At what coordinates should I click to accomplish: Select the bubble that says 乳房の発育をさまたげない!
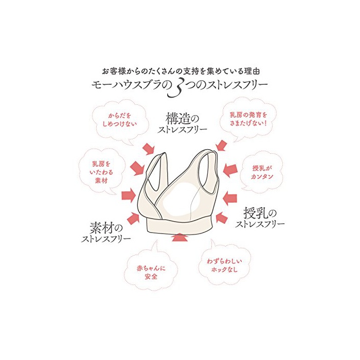248,119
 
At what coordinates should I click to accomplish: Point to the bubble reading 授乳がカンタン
261,172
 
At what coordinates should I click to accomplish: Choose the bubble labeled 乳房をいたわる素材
101,172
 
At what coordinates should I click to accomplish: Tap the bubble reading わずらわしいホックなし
224,265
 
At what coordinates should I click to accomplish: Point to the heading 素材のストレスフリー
106,232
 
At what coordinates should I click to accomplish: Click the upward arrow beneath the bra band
180,238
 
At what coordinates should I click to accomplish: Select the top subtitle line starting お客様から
181,71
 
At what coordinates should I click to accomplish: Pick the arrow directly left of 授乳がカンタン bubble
230,170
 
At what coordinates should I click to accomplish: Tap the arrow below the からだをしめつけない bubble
148,149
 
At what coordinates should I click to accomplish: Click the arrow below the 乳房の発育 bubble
222,146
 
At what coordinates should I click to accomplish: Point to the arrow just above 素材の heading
133,218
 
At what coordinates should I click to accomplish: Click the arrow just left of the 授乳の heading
222,218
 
